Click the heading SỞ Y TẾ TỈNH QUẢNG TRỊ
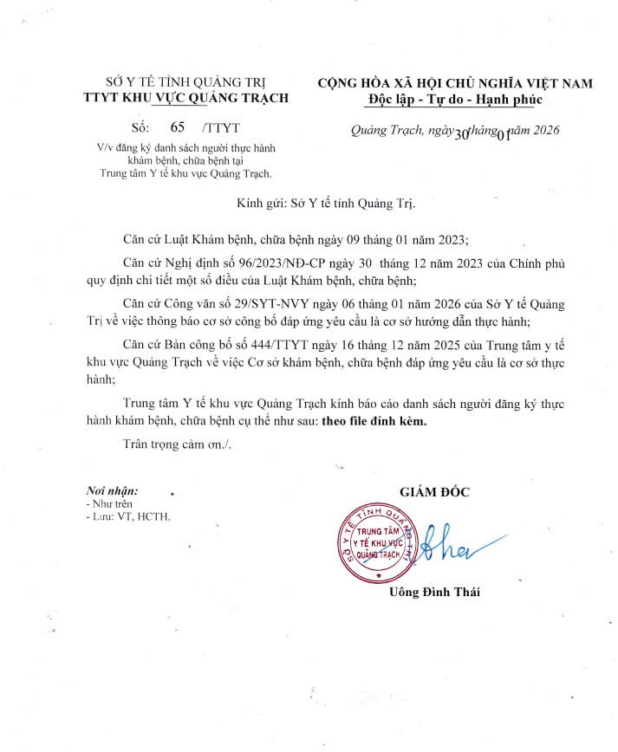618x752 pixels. click(183, 83)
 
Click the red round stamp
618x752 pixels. click(379, 542)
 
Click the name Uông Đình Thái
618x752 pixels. click(434, 593)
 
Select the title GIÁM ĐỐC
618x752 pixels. click(434, 492)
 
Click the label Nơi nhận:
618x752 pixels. click(112, 490)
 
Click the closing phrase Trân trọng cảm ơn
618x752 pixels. click(178, 444)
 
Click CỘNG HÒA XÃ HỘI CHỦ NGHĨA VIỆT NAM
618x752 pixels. click(455, 83)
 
